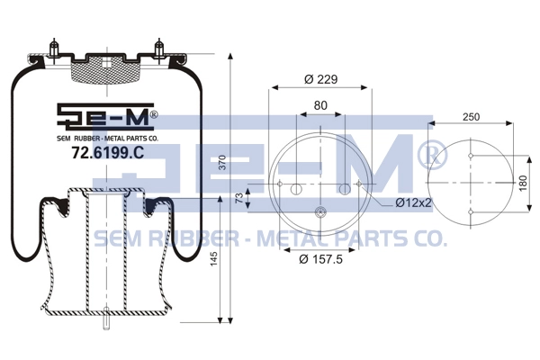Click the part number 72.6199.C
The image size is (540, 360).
click(x=107, y=153)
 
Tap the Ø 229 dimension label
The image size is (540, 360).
click(x=321, y=79)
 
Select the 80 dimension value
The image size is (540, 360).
click(x=320, y=105)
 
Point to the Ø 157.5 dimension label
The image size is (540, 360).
click(x=321, y=258)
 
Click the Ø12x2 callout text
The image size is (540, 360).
click(x=413, y=202)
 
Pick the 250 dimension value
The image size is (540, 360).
click(x=471, y=117)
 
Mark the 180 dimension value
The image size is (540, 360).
click(x=523, y=184)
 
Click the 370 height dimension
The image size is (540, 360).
click(x=223, y=162)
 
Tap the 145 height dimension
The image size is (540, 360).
click(x=214, y=258)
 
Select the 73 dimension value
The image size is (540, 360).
click(x=239, y=198)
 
